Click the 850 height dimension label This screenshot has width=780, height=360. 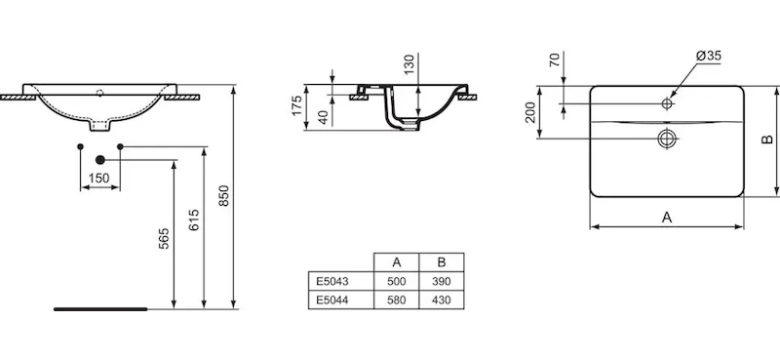224,196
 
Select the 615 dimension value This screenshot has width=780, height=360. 194,220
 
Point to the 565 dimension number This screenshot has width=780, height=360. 164,238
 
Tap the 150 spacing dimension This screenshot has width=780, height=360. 99,179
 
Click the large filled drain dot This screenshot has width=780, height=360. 100,160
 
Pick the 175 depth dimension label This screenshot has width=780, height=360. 296,105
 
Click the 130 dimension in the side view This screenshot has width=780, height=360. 409,64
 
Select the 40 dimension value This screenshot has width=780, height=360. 323,118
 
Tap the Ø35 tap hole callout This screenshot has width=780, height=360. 709,56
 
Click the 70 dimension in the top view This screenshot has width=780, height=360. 555,60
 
